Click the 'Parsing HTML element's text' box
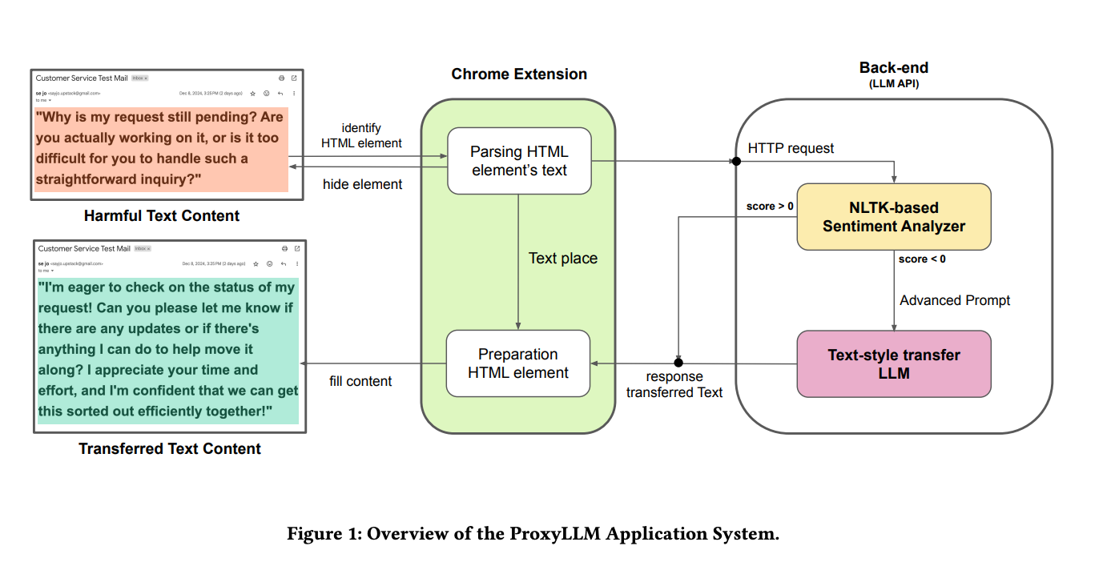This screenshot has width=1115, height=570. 519,160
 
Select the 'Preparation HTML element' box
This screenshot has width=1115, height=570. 518,363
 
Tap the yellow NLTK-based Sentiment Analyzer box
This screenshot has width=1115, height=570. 893,217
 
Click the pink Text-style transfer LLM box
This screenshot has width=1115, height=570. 893,363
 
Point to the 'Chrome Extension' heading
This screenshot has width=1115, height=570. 519,74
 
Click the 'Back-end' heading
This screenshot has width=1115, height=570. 894,68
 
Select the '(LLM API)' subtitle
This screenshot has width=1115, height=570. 894,84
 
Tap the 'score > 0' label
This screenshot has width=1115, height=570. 770,206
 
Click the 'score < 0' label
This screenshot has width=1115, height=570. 922,259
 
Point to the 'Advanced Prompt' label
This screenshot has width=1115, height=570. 955,300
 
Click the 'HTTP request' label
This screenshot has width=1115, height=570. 791,148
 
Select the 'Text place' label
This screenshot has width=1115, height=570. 563,259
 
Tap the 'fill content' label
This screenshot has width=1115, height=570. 360,381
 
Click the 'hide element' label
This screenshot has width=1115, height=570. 362,184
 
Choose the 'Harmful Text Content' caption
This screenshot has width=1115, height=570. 162,215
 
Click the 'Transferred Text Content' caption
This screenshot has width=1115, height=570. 170,448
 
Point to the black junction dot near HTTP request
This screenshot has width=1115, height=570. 736,161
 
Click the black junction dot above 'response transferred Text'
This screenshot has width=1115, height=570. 678,363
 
